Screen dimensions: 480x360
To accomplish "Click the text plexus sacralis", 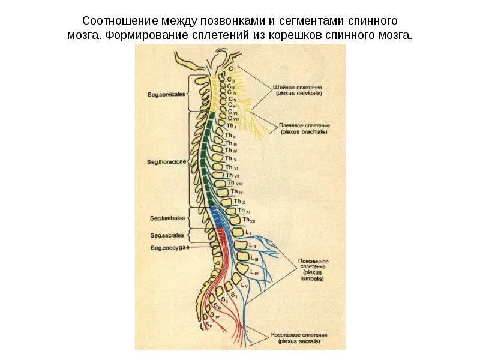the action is pyautogui.click(x=298, y=341).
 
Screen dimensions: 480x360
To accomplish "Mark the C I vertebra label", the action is pyautogui.click(x=232, y=70).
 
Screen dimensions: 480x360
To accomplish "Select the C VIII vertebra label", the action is pyautogui.click(x=234, y=119).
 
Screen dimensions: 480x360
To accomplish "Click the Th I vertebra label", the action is pyautogui.click(x=233, y=127).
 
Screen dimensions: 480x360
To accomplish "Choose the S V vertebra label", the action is pyautogui.click(x=208, y=325).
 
